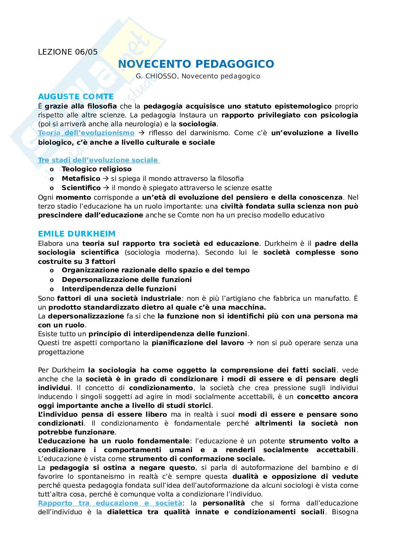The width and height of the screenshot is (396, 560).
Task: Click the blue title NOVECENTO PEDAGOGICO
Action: [196, 64]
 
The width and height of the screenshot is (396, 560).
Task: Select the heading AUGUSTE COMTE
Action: [76, 96]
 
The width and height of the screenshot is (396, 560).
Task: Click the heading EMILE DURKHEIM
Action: [77, 234]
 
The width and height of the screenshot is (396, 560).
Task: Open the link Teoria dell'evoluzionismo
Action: [86, 133]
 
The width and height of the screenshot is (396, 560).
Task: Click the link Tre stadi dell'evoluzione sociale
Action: [98, 160]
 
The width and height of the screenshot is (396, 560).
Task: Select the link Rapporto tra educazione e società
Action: [110, 503]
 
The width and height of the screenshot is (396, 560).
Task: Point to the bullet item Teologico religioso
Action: [97, 169]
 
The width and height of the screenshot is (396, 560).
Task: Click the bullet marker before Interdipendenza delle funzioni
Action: [52, 289]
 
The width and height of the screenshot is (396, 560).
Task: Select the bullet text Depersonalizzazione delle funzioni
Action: [127, 279]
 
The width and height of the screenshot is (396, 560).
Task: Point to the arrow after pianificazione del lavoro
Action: [250, 343]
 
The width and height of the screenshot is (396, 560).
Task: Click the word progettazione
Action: [61, 352]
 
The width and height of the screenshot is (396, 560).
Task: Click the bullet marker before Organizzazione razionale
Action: [52, 270]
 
